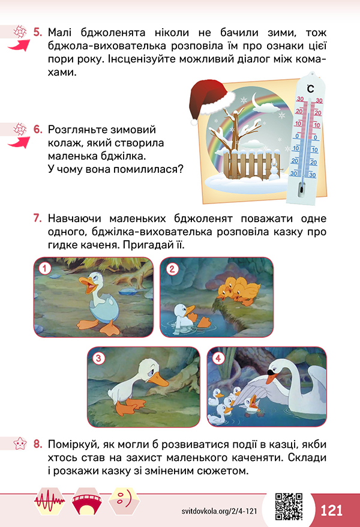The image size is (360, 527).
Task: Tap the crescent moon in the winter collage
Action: coord(257,101)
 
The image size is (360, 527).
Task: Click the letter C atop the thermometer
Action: coord(310,88)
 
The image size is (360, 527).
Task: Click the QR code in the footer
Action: coord(289,507)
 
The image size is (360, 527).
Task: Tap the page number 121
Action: coord(331,510)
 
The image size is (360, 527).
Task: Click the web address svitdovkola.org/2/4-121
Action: coord(219,511)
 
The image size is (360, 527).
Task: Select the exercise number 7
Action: coord(37,218)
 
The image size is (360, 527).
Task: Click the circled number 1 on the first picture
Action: coord(44,268)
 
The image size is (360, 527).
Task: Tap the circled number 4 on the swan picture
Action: coord(218,358)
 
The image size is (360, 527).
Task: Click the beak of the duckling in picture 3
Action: coord(158,381)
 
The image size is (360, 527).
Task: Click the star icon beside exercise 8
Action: coord(19,444)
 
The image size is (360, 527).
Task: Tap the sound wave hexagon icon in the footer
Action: coord(50,501)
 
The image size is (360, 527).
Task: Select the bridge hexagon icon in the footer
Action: coord(87,501)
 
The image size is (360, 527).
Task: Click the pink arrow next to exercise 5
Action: coord(19,46)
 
